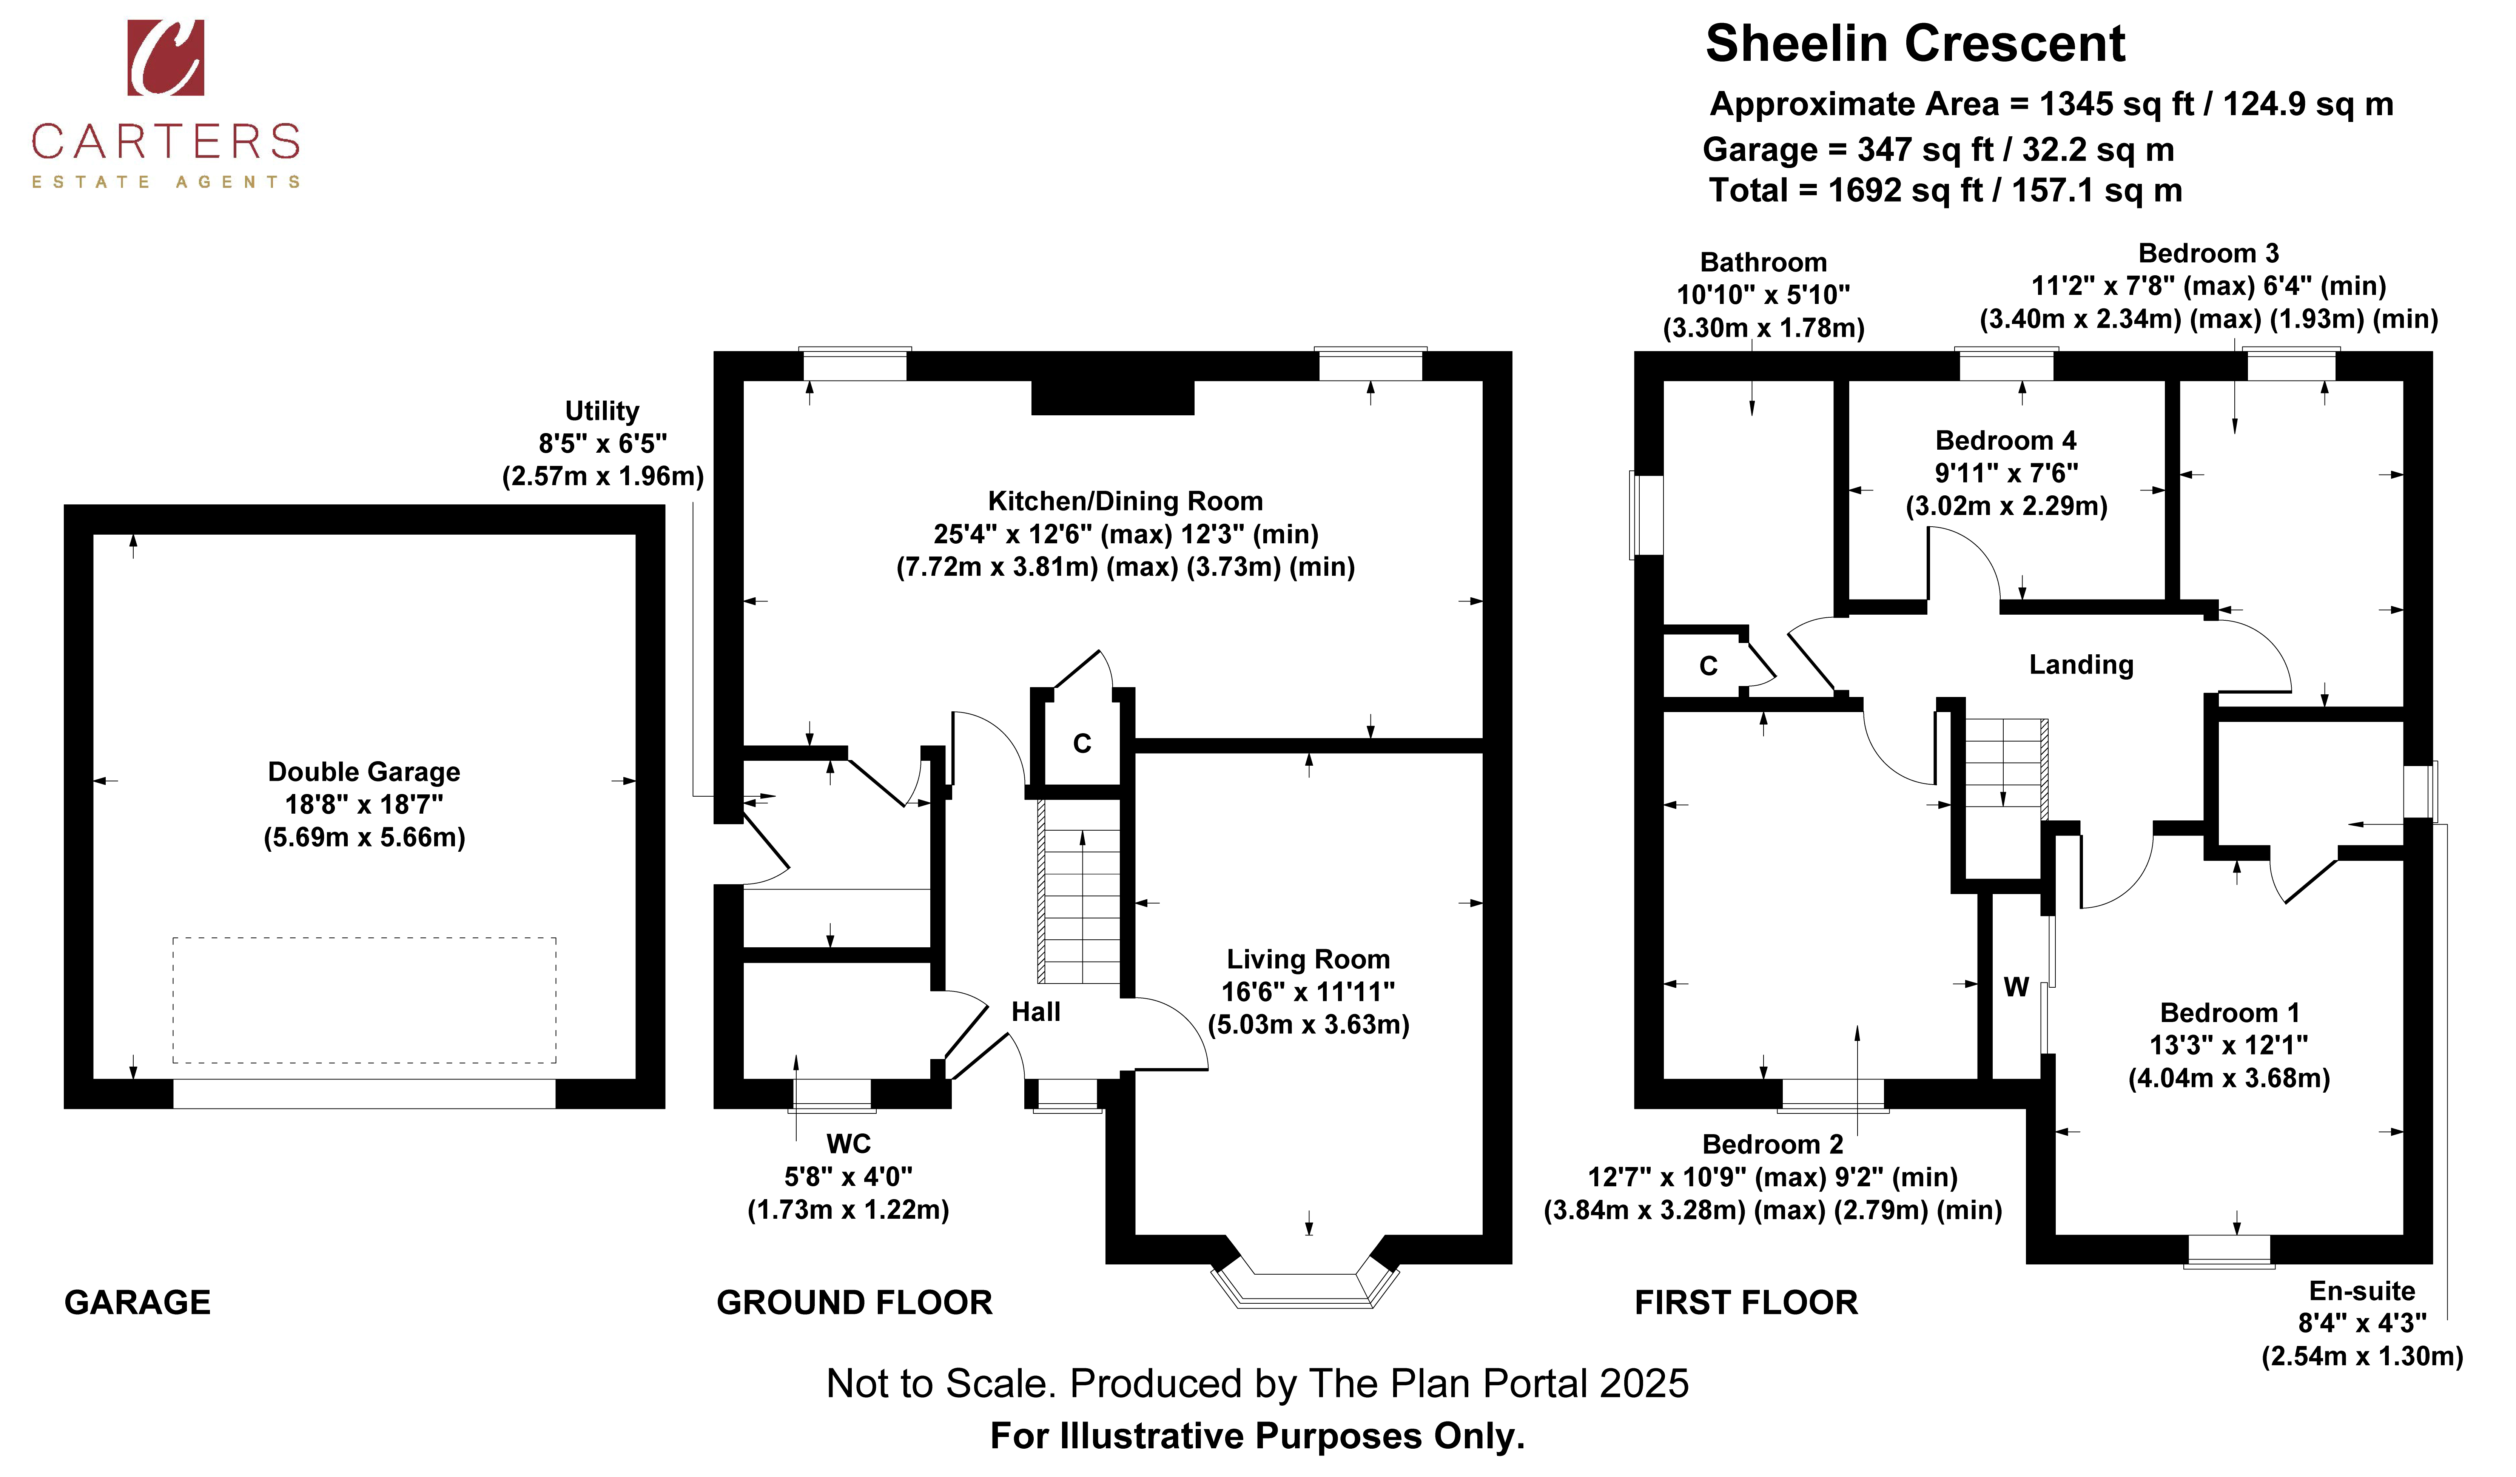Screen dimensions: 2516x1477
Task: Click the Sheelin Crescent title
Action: (1915, 44)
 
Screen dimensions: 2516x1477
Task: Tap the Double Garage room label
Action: (364, 772)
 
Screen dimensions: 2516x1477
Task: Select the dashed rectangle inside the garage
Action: (364, 1000)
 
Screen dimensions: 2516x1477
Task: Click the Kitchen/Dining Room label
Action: (1125, 501)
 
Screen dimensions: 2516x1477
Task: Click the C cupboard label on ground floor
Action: (1082, 743)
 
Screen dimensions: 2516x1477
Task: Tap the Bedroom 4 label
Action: (2006, 440)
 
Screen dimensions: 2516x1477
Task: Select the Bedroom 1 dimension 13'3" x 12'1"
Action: (2228, 1045)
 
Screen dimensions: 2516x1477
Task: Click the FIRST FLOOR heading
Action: (1746, 1302)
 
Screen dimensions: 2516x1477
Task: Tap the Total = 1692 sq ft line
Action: (1945, 191)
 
